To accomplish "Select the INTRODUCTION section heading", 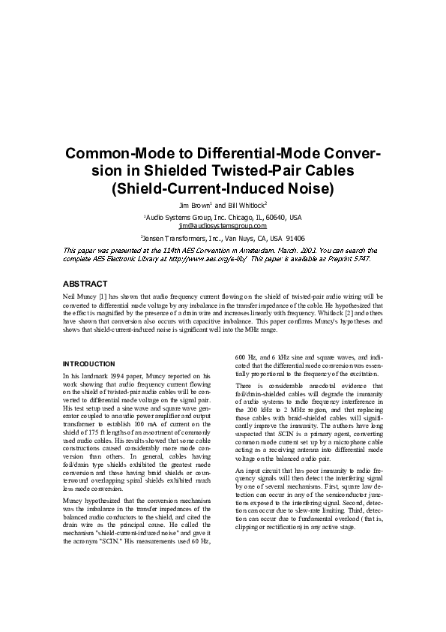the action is pos(88,364).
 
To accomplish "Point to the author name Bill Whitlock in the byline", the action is pos(246,204).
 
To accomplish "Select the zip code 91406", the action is pos(292,238).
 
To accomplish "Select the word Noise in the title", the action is pos(310,188).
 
